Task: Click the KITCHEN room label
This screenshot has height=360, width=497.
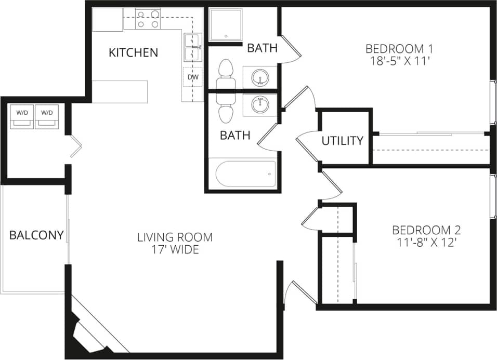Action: (x=133, y=52)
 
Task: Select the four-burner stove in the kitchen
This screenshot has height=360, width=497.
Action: (x=148, y=19)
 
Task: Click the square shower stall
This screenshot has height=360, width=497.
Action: (x=226, y=24)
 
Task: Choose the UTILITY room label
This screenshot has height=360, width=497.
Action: (x=342, y=141)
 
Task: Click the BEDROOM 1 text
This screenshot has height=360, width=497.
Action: (x=399, y=49)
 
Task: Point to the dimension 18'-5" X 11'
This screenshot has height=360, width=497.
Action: (x=399, y=61)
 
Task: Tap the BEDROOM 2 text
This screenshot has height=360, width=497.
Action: (x=426, y=230)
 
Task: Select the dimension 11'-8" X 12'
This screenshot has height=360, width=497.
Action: (x=426, y=242)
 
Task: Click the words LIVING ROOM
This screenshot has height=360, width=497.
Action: (x=175, y=237)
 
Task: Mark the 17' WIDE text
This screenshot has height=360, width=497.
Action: (x=175, y=250)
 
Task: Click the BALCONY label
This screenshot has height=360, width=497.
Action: (x=36, y=235)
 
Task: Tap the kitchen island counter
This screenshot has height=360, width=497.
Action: (x=120, y=91)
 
